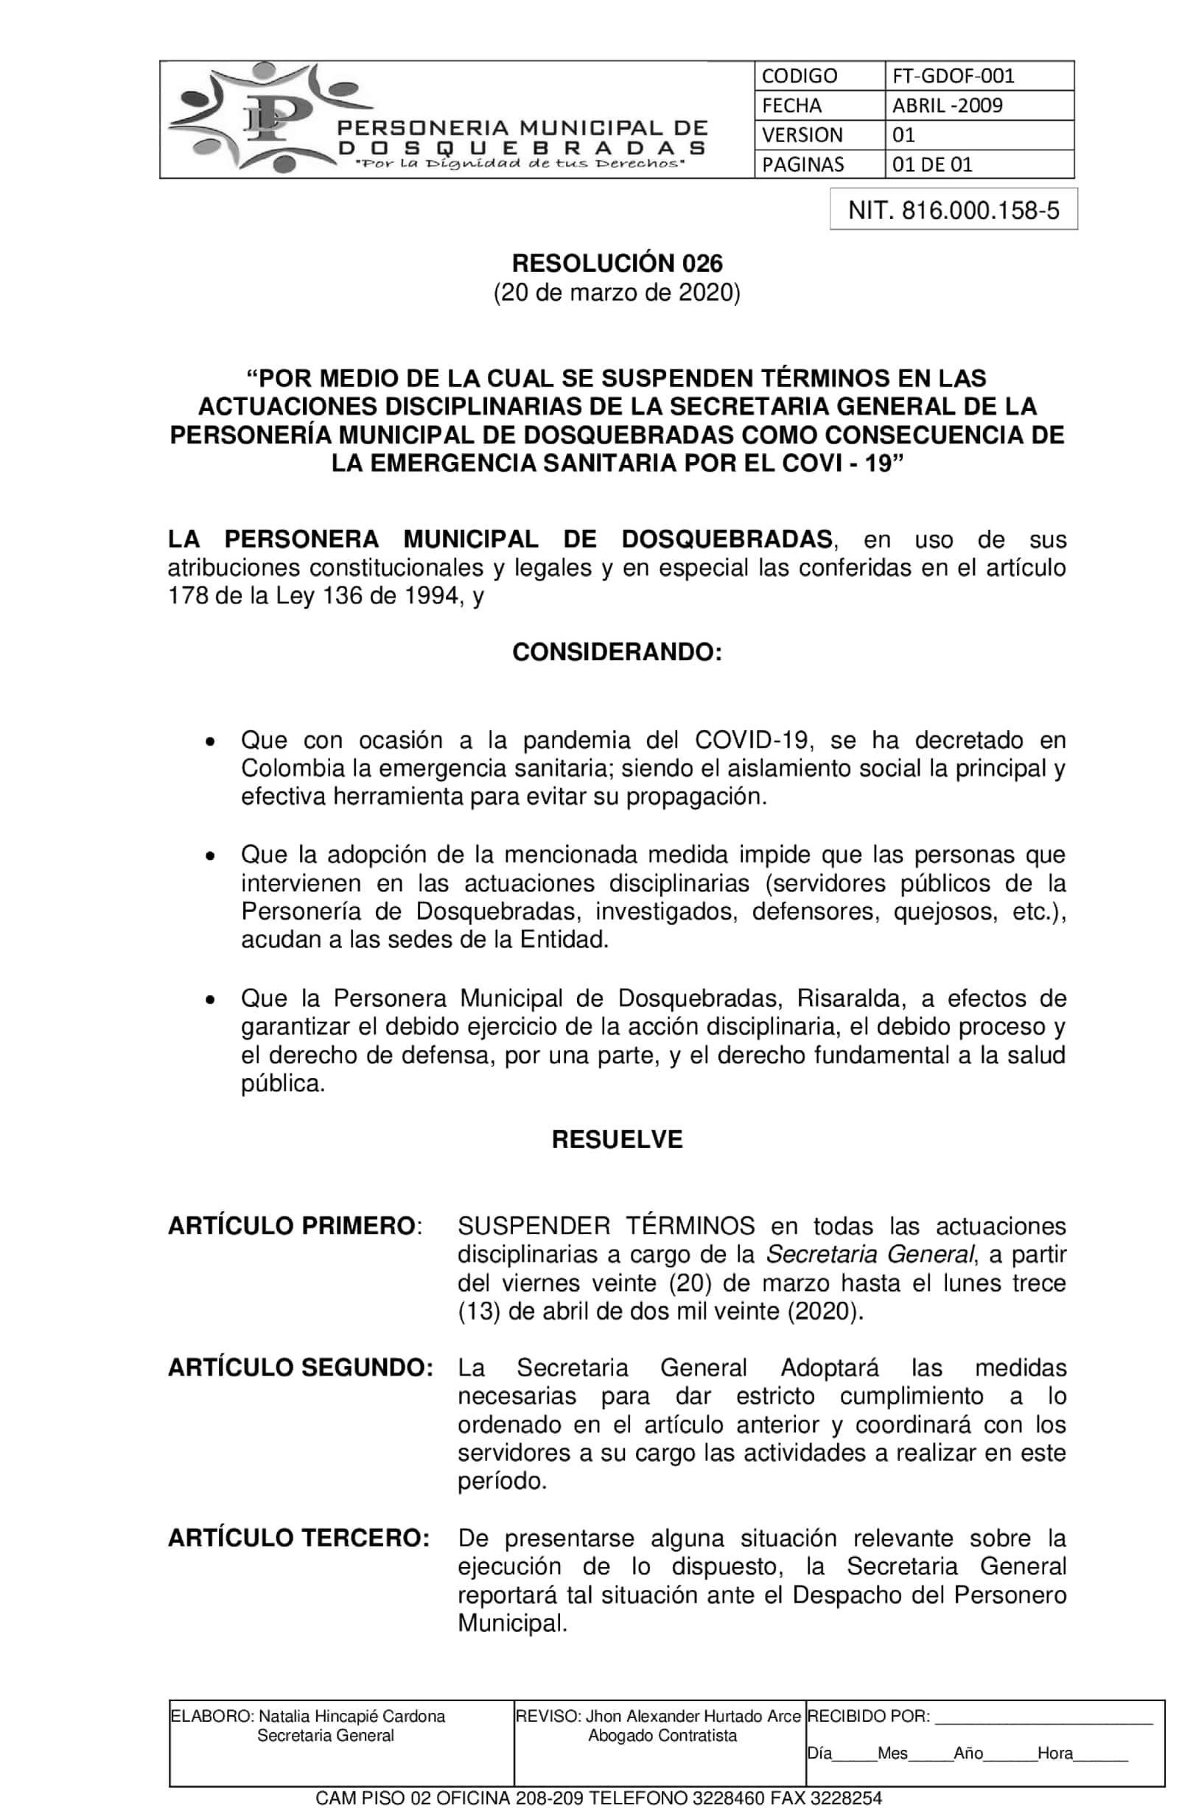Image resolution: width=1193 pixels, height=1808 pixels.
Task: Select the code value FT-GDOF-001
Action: coord(954,76)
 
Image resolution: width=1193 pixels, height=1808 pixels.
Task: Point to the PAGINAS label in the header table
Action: coord(802,164)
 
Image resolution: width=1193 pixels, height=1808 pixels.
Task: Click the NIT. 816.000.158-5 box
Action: coord(954,210)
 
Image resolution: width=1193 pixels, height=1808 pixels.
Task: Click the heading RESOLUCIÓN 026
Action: coord(616,263)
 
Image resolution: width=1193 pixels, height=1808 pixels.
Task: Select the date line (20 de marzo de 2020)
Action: coord(616,292)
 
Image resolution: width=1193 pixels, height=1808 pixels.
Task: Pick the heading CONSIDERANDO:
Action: coord(616,653)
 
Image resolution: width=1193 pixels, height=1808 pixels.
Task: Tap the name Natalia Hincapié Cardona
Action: coord(351,1717)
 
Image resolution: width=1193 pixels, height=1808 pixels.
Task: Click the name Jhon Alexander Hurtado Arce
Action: coord(693,1717)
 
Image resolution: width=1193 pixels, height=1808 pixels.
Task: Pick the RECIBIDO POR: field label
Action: coord(868,1717)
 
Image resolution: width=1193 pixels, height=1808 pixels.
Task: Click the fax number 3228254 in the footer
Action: coord(850,1798)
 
